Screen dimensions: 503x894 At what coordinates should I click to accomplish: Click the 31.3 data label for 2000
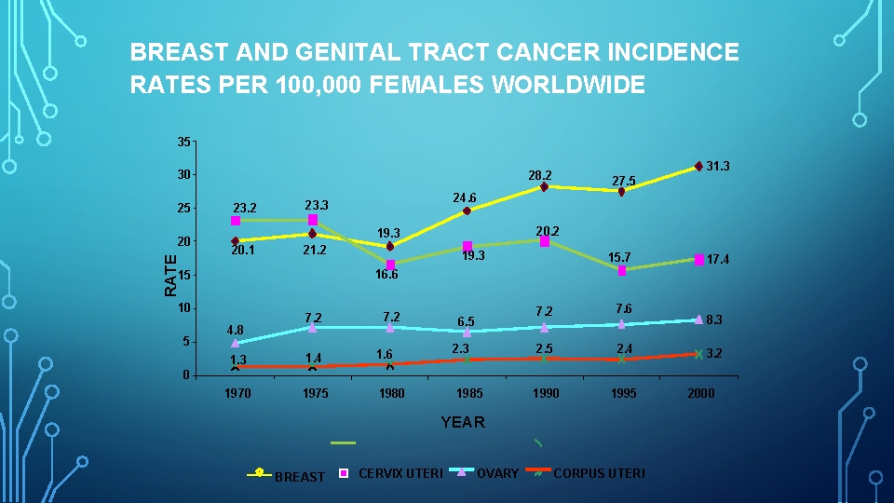click(717, 166)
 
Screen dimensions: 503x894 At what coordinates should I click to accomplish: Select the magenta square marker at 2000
click(698, 260)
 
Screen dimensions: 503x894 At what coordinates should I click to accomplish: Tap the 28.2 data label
click(540, 175)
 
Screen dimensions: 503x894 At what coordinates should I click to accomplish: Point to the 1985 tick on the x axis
click(468, 393)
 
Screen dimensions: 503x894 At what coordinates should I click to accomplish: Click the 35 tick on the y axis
click(183, 142)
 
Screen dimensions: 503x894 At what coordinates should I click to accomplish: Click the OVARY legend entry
click(497, 473)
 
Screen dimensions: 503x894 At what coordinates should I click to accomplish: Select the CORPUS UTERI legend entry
click(598, 473)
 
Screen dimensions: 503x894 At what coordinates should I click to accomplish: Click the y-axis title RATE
click(170, 275)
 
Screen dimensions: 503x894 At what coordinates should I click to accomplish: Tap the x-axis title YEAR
click(463, 423)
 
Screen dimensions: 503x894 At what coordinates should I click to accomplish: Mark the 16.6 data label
click(386, 275)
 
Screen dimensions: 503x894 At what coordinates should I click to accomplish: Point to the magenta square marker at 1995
click(621, 270)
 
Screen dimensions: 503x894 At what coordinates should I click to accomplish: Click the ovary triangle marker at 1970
click(236, 343)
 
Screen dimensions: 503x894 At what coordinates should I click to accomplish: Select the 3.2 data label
click(714, 354)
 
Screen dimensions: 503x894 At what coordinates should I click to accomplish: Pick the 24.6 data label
click(465, 197)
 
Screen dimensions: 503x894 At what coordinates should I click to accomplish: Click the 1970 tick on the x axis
click(237, 393)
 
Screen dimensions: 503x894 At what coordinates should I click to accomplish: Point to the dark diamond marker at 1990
click(544, 187)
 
